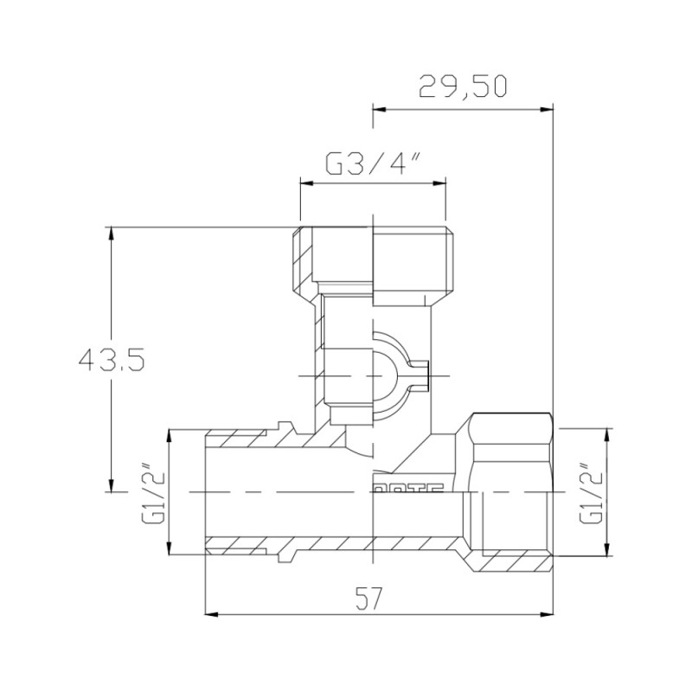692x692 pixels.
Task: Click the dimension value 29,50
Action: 462,86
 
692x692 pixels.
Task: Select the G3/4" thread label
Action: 372,163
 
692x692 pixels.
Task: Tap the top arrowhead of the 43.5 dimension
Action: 110,233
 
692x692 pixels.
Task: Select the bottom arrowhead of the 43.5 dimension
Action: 110,486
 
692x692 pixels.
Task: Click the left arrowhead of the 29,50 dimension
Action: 377,109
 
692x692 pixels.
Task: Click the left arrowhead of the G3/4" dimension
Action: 304,182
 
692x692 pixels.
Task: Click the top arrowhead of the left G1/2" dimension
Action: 171,433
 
